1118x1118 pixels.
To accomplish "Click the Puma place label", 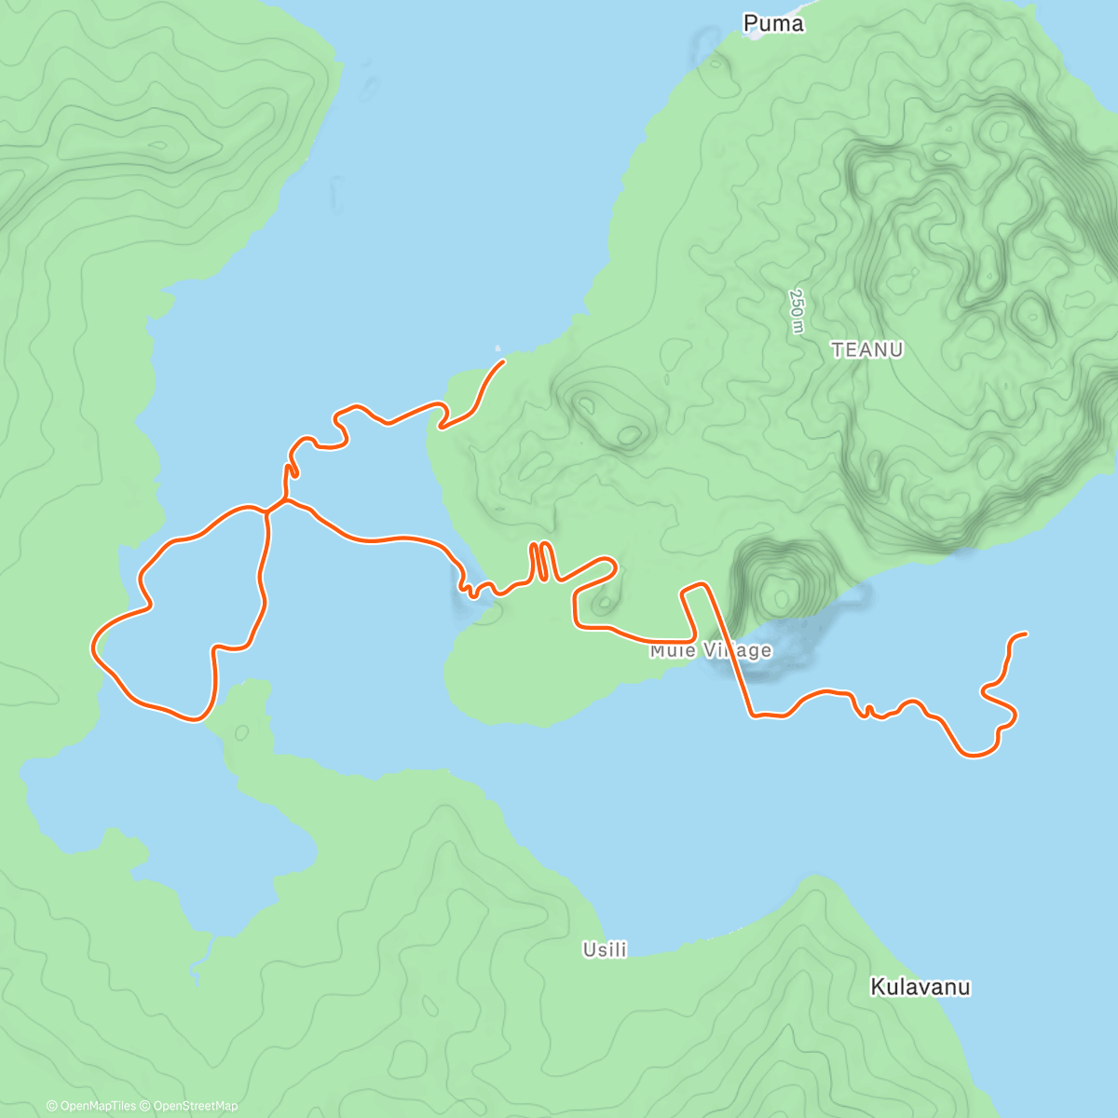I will pos(773,23).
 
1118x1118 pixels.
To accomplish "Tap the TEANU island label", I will pos(867,349).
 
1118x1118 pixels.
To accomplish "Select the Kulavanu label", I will pos(920,987).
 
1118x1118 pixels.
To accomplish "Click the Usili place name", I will pos(605,949).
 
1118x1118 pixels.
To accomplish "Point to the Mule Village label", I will pos(711,650).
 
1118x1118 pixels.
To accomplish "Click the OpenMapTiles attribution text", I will pos(91,1106).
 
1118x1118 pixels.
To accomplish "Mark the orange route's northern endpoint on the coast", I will pos(503,361).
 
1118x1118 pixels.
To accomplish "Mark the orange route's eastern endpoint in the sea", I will pos(1025,634).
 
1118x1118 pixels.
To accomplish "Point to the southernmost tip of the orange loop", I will pos(196,719).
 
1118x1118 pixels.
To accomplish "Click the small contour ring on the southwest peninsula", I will pos(241,733).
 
